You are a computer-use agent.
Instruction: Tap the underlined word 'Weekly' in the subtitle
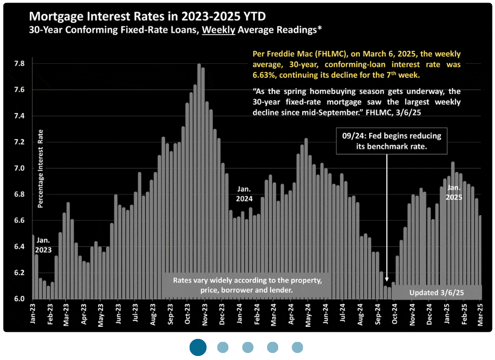tap(218, 30)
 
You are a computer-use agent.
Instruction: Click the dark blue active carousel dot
tap(198, 347)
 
